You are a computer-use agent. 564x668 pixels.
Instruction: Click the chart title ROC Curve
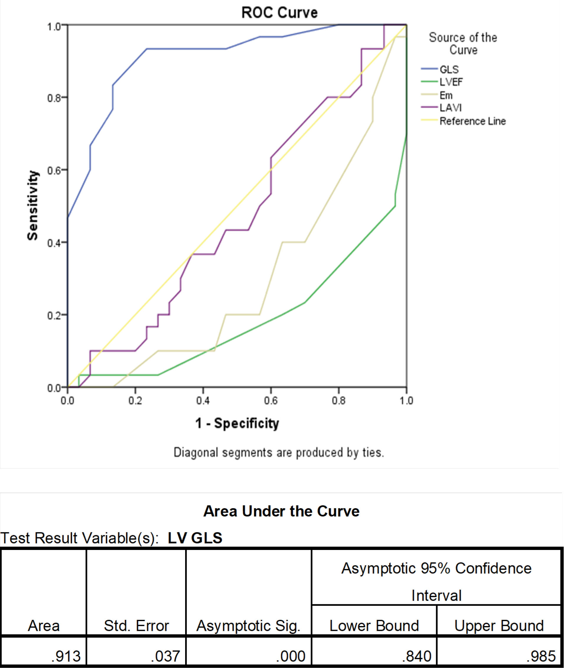(279, 13)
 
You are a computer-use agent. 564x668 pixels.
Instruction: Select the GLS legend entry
(449, 69)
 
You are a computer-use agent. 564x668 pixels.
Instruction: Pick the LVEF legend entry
(451, 82)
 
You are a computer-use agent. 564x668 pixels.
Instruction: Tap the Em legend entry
(446, 95)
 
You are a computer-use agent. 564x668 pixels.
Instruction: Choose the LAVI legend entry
(450, 108)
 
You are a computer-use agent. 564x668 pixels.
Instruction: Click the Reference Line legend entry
(473, 121)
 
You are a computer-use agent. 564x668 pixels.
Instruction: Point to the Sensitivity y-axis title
(33, 205)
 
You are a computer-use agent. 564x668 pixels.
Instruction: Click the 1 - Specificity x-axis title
(237, 423)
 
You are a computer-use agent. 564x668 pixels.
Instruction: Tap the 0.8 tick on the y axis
(54, 98)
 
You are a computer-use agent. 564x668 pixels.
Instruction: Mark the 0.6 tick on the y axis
(54, 171)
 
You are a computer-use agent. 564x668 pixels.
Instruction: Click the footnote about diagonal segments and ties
(279, 453)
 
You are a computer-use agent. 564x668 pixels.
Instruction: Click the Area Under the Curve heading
(281, 511)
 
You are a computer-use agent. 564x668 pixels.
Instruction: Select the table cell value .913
(66, 656)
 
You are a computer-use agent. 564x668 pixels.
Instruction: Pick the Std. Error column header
(136, 626)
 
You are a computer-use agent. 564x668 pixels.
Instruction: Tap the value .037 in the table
(165, 656)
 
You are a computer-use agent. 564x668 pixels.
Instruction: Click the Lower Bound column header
(374, 626)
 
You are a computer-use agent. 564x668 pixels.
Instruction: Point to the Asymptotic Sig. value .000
(291, 656)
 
